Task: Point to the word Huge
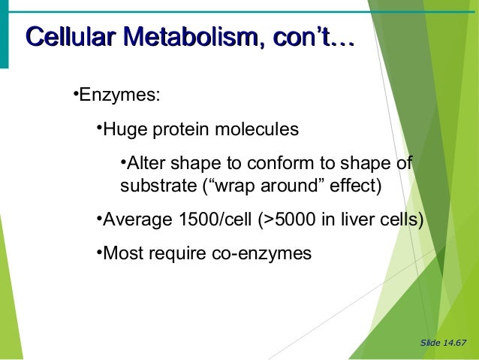[125, 130]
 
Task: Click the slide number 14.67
[454, 343]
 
